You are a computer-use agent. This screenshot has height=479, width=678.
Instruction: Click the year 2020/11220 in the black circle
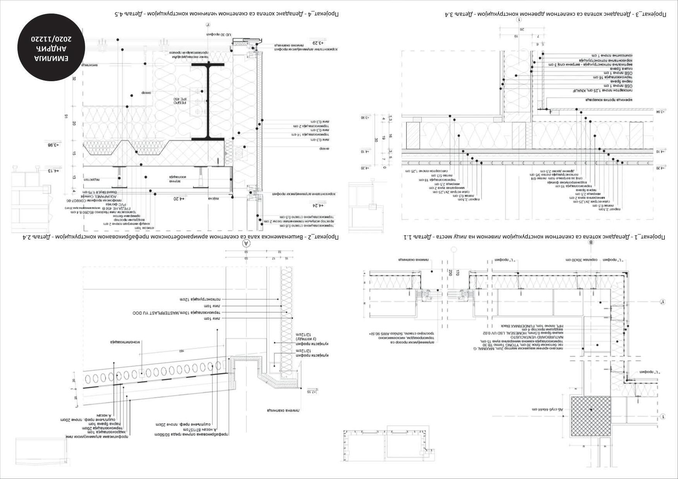click(51, 39)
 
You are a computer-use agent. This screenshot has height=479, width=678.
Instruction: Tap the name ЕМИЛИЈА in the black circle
click(51, 58)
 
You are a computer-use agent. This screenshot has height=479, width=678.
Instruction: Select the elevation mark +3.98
click(53, 145)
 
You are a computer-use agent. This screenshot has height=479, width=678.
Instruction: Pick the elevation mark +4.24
click(317, 206)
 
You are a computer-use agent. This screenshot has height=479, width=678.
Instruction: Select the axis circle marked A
click(246, 243)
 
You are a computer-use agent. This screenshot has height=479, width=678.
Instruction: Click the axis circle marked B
click(590, 242)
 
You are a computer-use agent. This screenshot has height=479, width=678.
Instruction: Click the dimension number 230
click(450, 273)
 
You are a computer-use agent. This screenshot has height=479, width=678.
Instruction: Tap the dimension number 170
click(458, 273)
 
